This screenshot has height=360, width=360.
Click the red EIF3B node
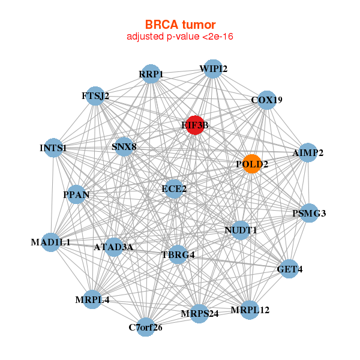pyautogui.click(x=195, y=125)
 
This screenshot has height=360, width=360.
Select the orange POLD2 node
pyautogui.click(x=252, y=164)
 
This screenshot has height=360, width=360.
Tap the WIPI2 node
pyautogui.click(x=213, y=69)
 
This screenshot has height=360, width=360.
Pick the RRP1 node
pyautogui.click(x=151, y=74)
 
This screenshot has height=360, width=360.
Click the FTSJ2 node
pyautogui.click(x=95, y=96)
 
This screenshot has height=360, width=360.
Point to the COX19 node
pyautogui.click(x=266, y=100)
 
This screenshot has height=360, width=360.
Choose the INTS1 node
pyautogui.click(x=53, y=148)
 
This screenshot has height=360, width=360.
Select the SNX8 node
pyautogui.click(x=124, y=147)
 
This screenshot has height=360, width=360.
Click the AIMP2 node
pyautogui.click(x=308, y=152)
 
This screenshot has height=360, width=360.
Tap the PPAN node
pyautogui.click(x=76, y=194)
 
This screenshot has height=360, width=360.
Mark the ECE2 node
pyautogui.click(x=174, y=189)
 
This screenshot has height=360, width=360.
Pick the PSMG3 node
pyautogui.click(x=309, y=213)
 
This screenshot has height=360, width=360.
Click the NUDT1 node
pyautogui.click(x=241, y=230)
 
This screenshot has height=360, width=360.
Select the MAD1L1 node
pyautogui.click(x=51, y=242)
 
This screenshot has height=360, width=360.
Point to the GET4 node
pyautogui.click(x=289, y=269)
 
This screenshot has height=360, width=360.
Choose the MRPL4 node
pyautogui.click(x=92, y=299)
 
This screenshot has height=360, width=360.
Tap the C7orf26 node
pyautogui.click(x=146, y=327)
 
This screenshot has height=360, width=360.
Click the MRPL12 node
pyautogui.click(x=250, y=310)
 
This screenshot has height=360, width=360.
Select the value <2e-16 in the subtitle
pyautogui.click(x=218, y=37)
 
